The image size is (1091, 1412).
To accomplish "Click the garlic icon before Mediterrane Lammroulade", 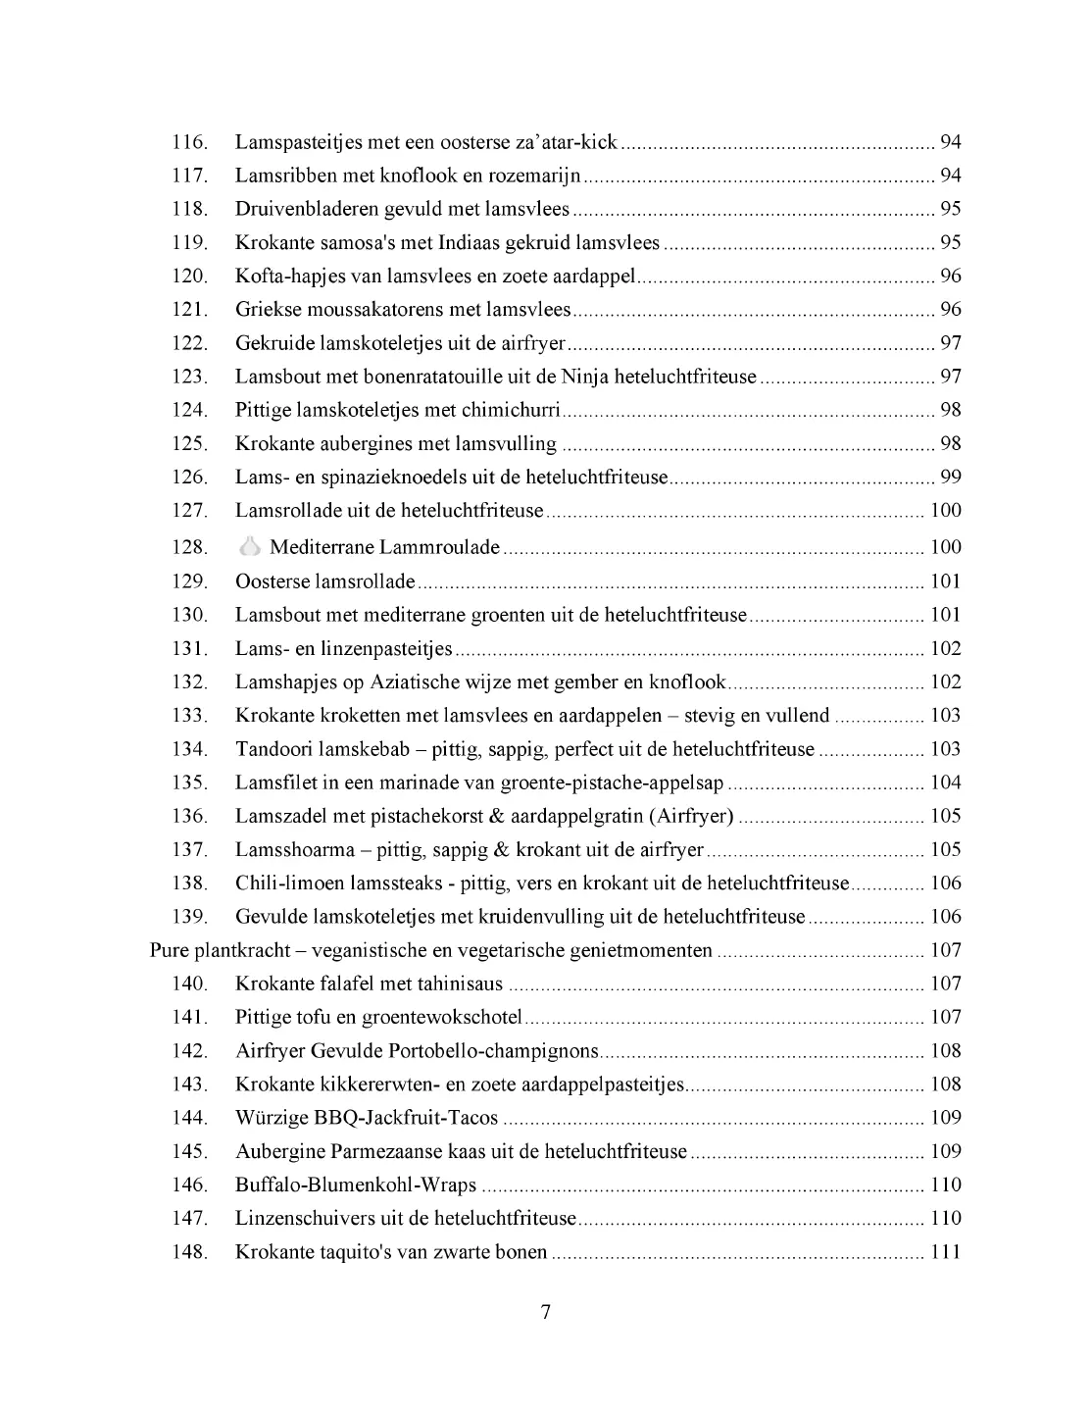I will [x=250, y=546].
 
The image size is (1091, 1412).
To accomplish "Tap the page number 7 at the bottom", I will [x=545, y=1312].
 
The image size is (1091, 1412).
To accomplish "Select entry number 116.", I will [x=190, y=142].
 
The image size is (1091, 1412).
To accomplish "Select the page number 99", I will [x=950, y=478].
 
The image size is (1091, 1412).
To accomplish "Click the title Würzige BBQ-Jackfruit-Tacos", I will [x=367, y=1118].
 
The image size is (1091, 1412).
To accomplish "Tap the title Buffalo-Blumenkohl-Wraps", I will [x=356, y=1185].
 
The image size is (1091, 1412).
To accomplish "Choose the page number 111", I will [x=945, y=1252].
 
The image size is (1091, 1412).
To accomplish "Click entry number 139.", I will [x=190, y=917].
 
